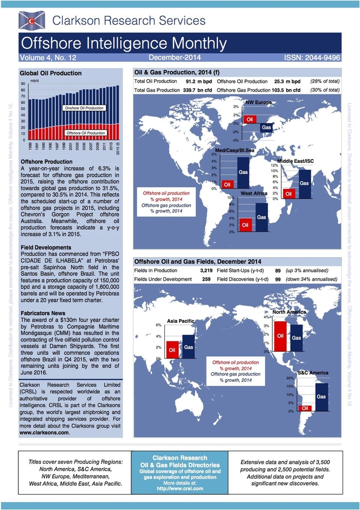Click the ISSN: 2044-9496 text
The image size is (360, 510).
[312, 57]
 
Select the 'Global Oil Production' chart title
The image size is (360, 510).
[50, 73]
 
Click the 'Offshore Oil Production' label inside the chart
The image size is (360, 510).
[85, 132]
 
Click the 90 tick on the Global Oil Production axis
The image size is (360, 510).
[23, 84]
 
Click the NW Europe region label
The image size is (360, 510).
[259, 102]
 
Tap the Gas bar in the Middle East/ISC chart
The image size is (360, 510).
[304, 183]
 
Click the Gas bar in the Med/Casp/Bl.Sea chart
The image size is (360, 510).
[243, 172]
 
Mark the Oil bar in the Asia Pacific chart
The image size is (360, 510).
[172, 350]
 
